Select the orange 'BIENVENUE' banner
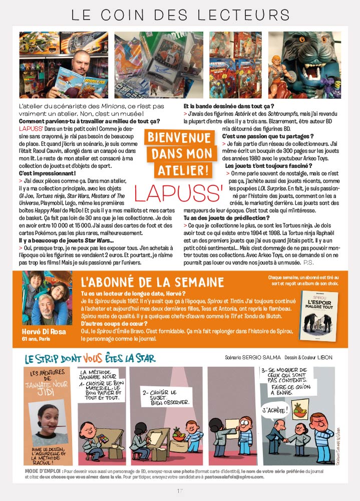(179, 137)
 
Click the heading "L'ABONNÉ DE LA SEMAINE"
(152, 282)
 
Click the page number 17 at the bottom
(180, 490)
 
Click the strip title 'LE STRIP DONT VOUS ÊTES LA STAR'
(90, 359)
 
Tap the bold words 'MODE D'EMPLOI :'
(43, 471)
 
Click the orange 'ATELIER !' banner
(179, 169)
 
